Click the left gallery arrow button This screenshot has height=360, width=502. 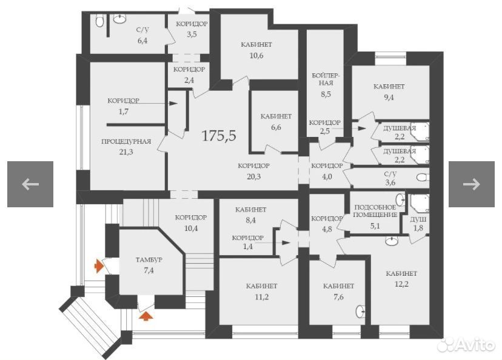tap(30, 184)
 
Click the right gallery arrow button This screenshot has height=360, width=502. tap(471, 184)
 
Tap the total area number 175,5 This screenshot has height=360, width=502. tap(219, 135)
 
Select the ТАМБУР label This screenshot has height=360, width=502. tap(149, 259)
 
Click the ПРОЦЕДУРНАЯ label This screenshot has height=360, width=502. tap(126, 141)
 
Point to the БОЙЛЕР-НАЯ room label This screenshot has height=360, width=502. tap(326, 79)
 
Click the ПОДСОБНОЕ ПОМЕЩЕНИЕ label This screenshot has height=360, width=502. tap(375, 211)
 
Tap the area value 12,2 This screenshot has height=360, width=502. tap(401, 284)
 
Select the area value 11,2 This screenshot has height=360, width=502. tap(261, 297)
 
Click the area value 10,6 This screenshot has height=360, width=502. tap(256, 56)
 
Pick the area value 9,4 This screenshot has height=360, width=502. tap(389, 98)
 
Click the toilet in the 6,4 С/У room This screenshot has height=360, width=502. tap(99, 21)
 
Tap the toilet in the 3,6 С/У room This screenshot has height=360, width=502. tap(423, 178)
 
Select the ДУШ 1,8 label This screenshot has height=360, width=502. tap(418, 224)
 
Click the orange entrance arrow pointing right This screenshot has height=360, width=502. tap(98, 266)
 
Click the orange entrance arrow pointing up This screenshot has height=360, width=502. tap(146, 316)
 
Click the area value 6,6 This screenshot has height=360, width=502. tap(276, 127)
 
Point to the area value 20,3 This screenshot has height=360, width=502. tap(254, 176)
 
